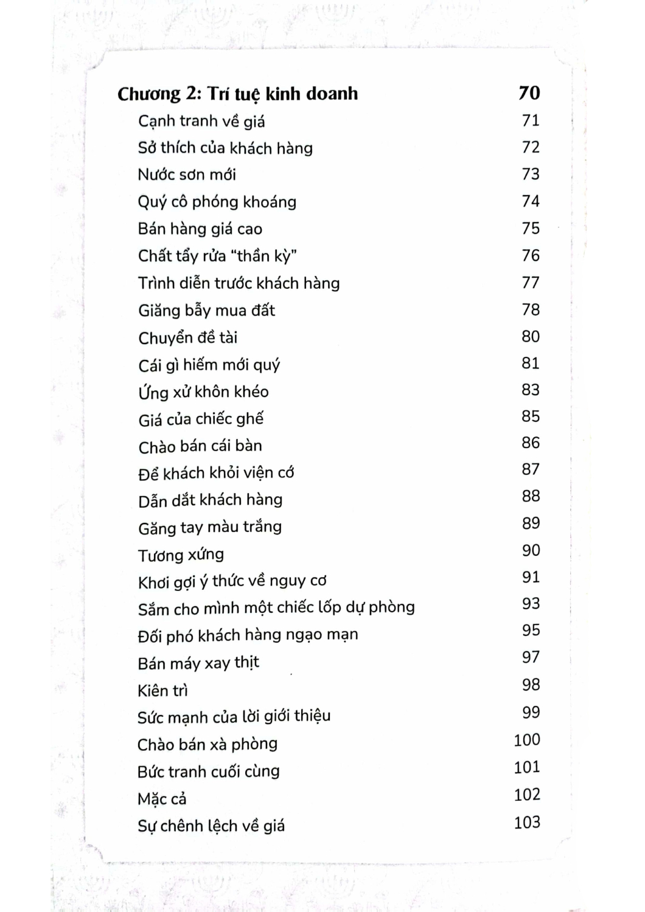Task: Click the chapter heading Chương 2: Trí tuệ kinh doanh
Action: (237, 94)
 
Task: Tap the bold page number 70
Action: (529, 92)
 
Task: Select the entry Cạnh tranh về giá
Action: (201, 122)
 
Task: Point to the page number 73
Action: (531, 174)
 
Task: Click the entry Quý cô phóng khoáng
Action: (217, 202)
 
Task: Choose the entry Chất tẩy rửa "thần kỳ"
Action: (217, 256)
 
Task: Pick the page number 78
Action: (531, 309)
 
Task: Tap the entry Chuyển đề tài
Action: (187, 337)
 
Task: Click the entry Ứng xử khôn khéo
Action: (203, 392)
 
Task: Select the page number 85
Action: (531, 416)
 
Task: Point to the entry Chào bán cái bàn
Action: (200, 446)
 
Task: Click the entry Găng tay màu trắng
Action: (209, 527)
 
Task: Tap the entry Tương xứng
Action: (181, 555)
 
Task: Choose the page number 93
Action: (531, 604)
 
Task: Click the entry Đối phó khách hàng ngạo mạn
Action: (248, 635)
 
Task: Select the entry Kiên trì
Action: (162, 691)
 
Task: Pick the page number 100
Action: (526, 740)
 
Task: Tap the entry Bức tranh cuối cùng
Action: (208, 772)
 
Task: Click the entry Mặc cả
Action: (161, 799)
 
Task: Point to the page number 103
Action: (526, 823)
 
